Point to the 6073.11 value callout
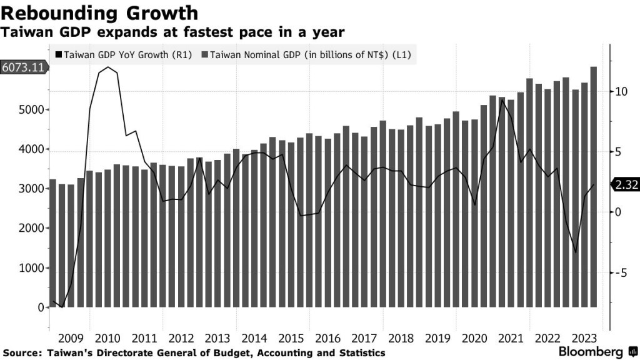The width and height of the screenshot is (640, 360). (23, 67)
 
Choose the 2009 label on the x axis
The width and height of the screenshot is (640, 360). (71, 338)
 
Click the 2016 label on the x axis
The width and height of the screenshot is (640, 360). (327, 338)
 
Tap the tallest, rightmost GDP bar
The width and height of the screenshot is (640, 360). (594, 187)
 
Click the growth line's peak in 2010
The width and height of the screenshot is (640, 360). (109, 67)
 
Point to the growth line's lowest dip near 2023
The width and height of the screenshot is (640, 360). (576, 252)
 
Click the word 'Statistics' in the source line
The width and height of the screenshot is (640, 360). (360, 353)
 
